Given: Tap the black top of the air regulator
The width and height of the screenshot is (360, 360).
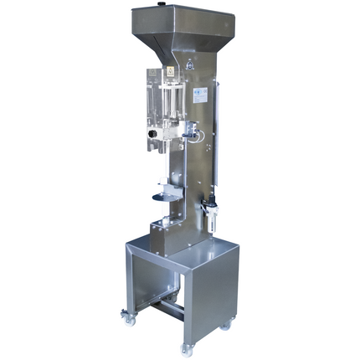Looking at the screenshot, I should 210,200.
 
